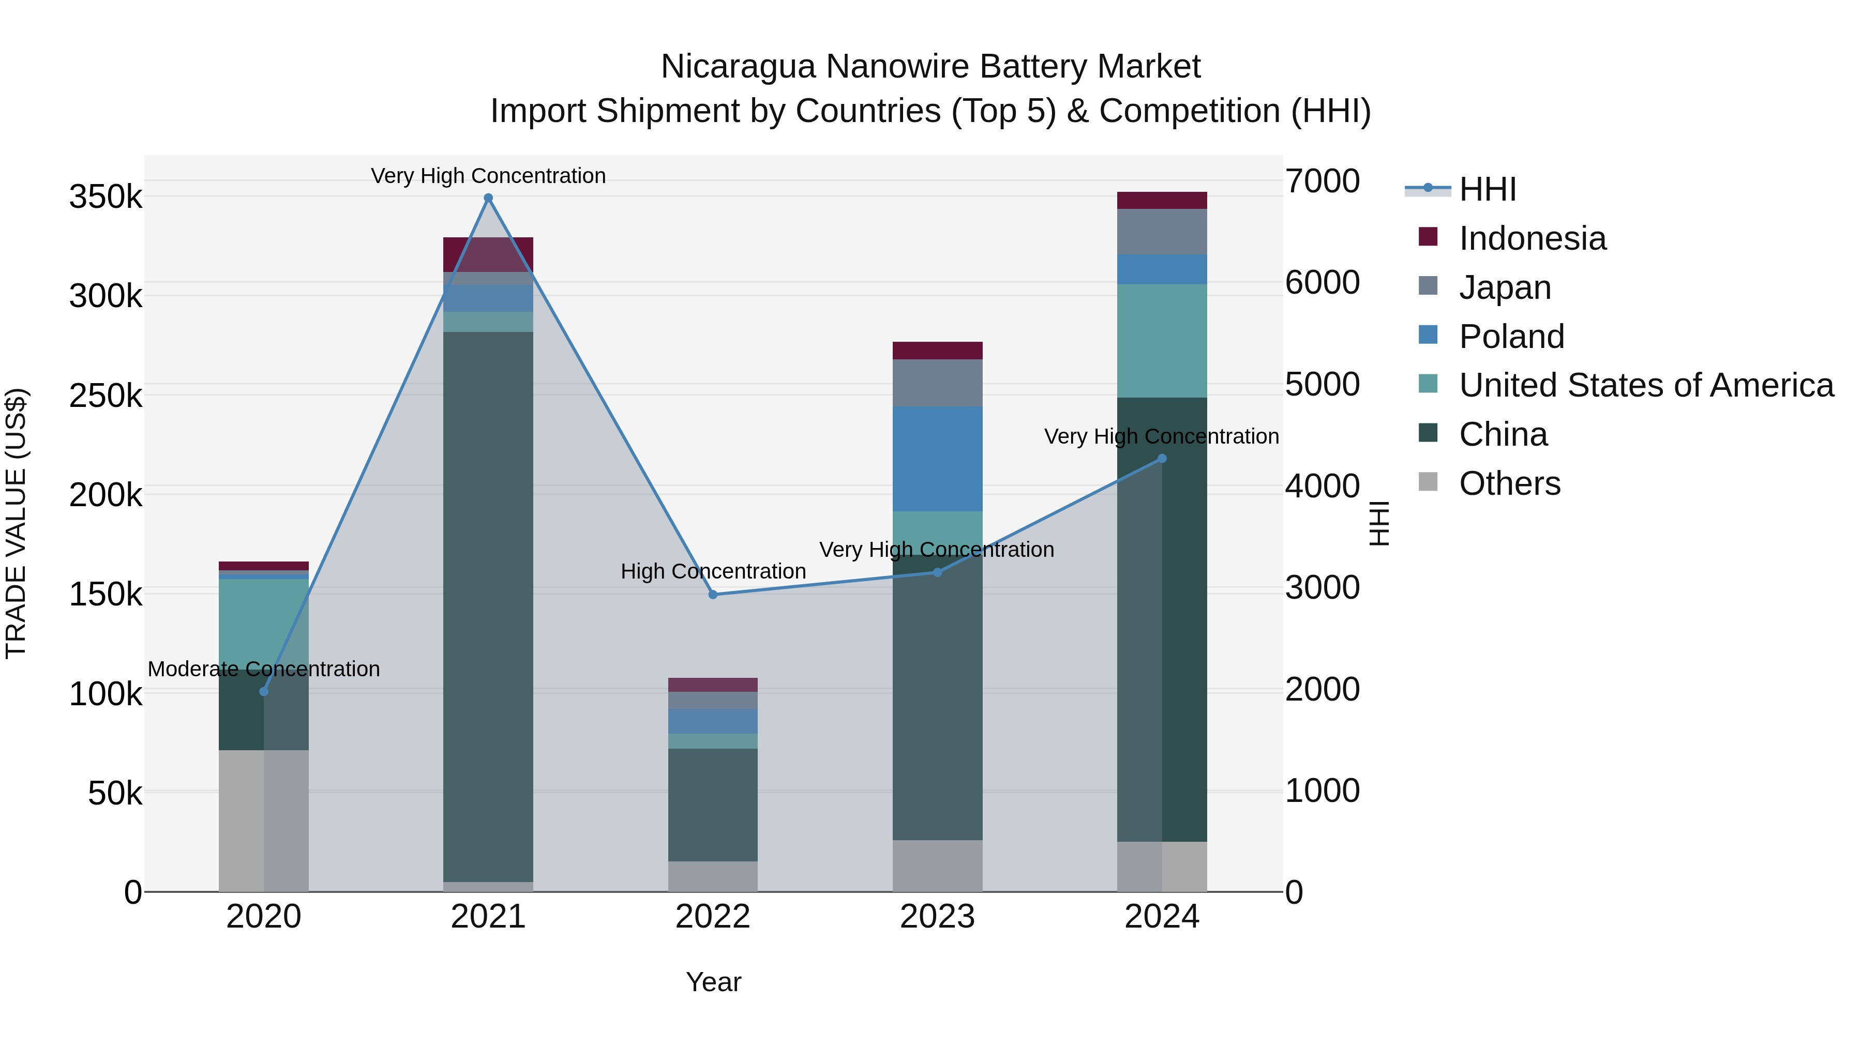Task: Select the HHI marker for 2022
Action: [x=713, y=595]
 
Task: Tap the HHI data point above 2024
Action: [x=1162, y=459]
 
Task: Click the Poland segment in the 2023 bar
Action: [x=938, y=459]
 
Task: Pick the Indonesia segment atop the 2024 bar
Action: [x=1162, y=200]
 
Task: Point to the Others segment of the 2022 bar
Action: [x=713, y=876]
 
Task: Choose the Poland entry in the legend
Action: [x=1511, y=337]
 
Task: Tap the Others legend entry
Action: [x=1509, y=483]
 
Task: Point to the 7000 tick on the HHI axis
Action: [x=1322, y=181]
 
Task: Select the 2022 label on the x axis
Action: [x=713, y=917]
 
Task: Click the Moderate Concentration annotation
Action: [x=264, y=669]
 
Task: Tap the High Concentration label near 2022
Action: [x=713, y=571]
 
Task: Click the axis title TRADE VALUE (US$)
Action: [x=16, y=523]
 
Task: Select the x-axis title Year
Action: [x=713, y=982]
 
